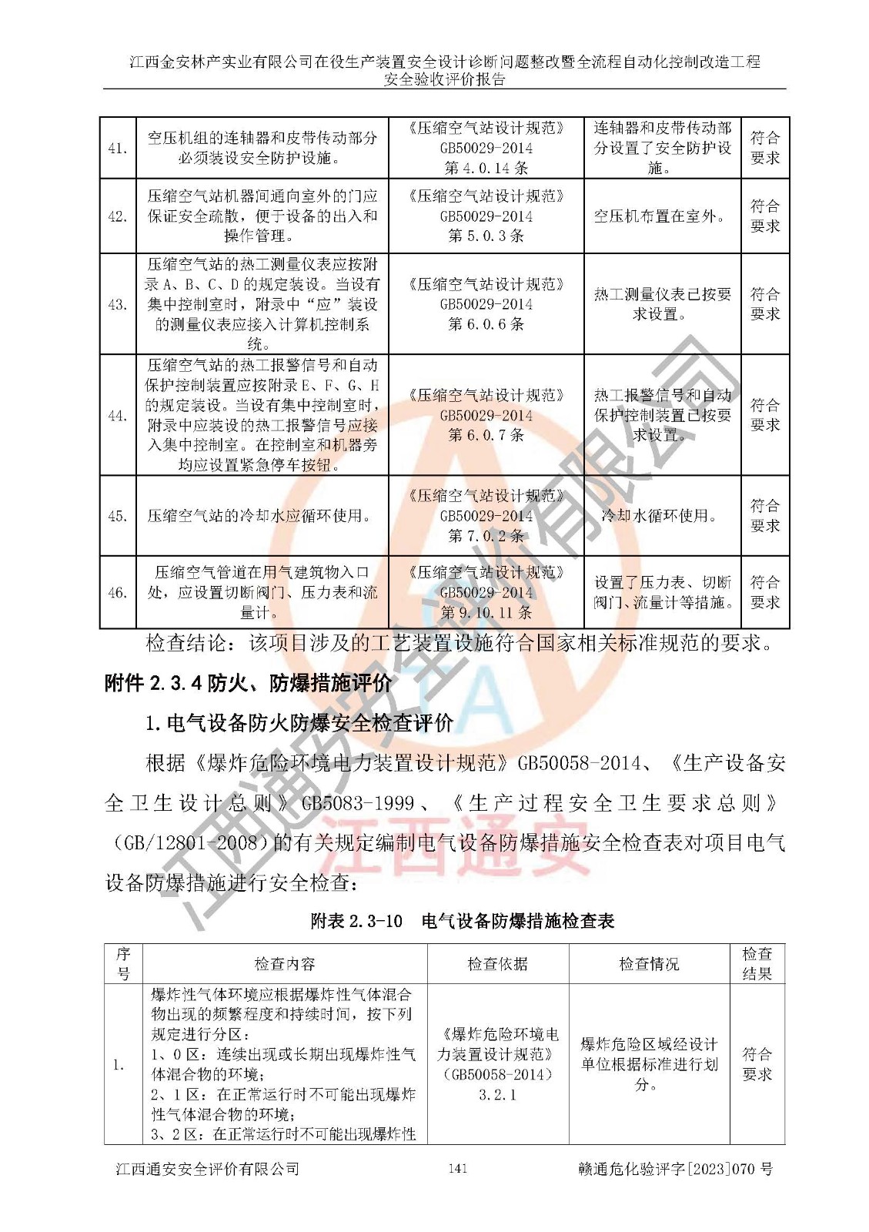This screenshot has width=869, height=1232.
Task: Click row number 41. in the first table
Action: coord(118,148)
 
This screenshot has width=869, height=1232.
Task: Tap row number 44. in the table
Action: coord(118,416)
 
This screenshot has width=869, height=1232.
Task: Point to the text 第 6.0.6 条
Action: coord(486,324)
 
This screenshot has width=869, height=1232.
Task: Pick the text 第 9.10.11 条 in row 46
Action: coord(486,613)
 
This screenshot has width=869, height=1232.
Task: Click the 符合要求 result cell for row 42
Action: coord(765,216)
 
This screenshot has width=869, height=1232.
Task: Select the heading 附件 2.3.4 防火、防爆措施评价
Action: coord(249,683)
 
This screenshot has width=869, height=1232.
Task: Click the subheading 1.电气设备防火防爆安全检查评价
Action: coord(299,723)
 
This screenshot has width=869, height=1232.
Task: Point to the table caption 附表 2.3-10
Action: coord(356,921)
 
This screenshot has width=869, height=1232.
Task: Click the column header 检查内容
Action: coord(285,964)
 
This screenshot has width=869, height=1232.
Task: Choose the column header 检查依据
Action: coord(498,964)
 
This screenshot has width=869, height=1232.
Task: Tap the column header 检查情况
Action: coord(650,964)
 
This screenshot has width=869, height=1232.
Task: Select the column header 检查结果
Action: coord(757,964)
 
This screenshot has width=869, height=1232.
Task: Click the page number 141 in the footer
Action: coord(457,1169)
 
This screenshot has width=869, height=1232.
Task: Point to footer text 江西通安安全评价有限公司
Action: coord(208,1169)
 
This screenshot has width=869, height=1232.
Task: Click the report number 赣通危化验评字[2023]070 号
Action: coord(675,1169)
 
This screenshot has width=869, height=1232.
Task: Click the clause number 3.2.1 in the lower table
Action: coord(498,1095)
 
